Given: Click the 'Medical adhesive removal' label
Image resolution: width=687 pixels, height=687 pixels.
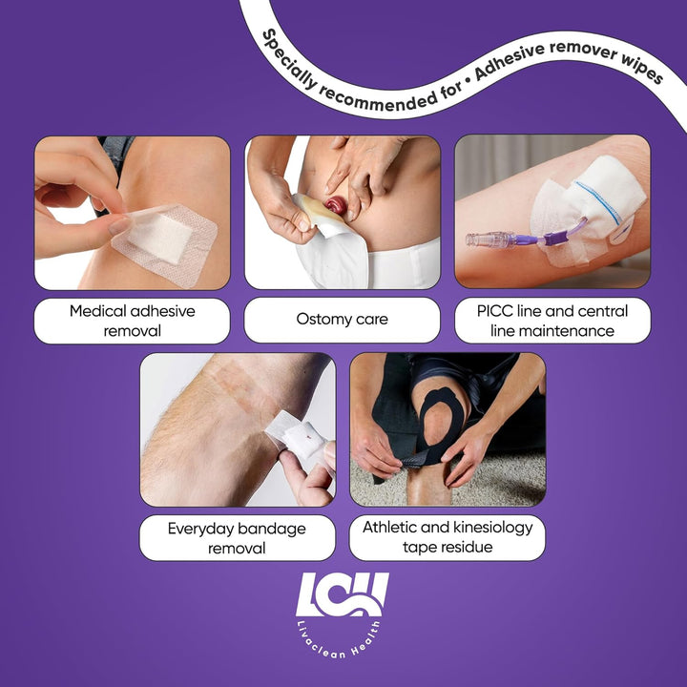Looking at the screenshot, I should pos(133,321).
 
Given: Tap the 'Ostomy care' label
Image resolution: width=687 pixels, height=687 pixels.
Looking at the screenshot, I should pos(343,321).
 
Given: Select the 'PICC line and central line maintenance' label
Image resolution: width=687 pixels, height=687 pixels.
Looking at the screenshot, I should pos(552,321).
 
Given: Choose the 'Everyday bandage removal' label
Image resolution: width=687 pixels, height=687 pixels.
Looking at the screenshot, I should pos(238,537).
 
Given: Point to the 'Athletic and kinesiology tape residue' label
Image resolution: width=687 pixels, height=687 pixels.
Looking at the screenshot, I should pos(448,537).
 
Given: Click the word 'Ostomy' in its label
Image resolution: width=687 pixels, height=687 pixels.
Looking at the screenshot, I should pos(322,321).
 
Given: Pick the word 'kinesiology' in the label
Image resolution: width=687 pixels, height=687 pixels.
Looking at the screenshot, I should pos(490,528).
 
